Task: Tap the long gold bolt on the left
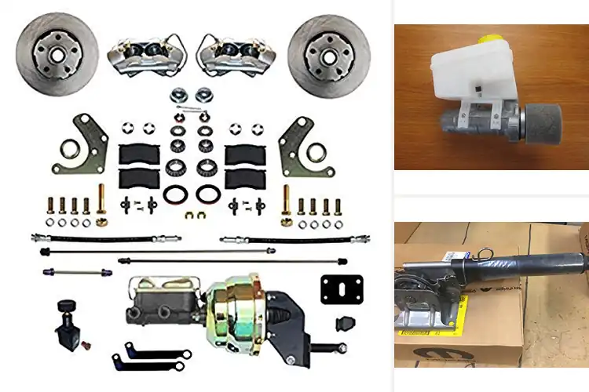pyautogui.click(x=101, y=201)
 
